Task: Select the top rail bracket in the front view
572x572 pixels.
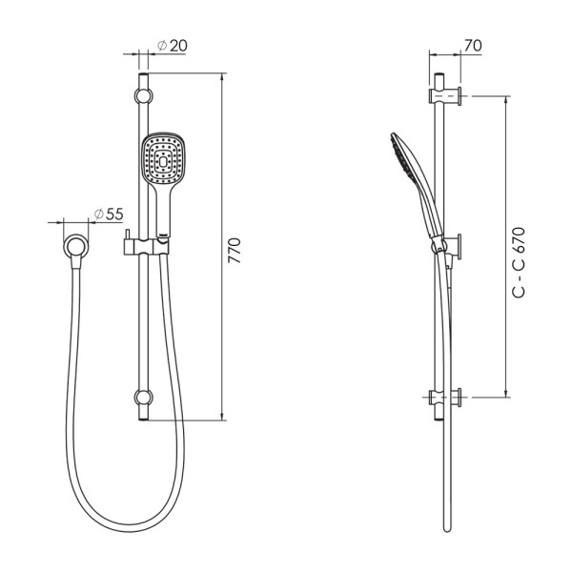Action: click(x=143, y=95)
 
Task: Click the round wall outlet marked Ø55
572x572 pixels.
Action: click(x=74, y=246)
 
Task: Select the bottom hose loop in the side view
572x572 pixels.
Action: click(x=445, y=522)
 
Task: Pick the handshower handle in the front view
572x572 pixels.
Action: click(x=159, y=210)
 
